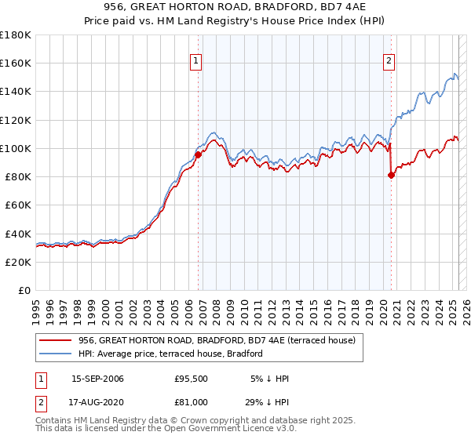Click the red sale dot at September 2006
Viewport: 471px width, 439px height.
(x=198, y=154)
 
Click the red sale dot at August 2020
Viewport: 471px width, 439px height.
(x=391, y=175)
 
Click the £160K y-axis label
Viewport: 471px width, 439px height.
(x=16, y=63)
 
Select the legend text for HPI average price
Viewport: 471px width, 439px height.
(x=170, y=354)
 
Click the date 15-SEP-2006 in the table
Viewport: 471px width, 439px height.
(x=97, y=379)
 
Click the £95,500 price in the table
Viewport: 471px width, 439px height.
(x=192, y=379)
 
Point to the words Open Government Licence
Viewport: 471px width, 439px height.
(x=225, y=430)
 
